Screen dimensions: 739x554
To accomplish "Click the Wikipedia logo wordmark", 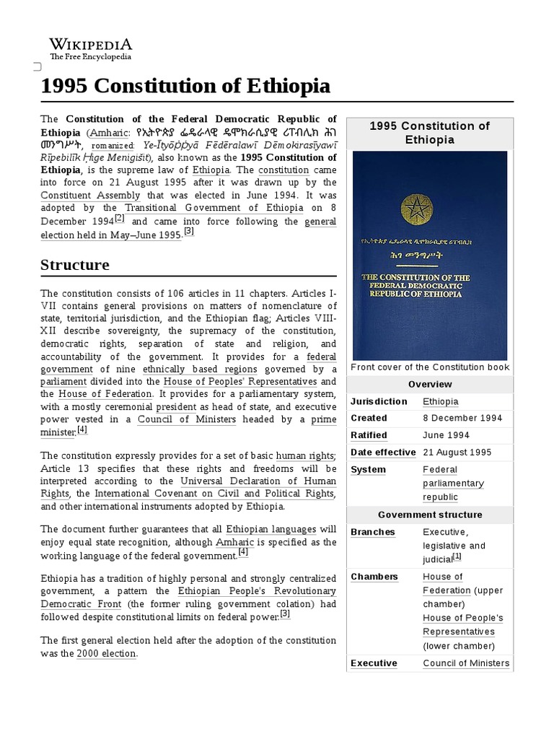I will tap(90, 44).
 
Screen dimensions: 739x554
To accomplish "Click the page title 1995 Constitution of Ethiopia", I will tap(185, 87).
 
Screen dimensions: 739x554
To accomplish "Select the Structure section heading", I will tap(75, 264).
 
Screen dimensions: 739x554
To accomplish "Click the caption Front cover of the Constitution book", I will tap(430, 367).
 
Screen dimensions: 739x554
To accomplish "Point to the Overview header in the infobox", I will tap(430, 384).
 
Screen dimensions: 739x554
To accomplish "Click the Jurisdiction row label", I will tap(379, 401).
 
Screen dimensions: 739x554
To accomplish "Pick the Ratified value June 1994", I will tap(446, 435).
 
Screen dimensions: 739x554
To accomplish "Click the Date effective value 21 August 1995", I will tap(457, 452).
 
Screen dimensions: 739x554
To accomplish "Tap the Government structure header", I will tap(430, 515).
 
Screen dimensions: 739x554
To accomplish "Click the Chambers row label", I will tap(374, 577).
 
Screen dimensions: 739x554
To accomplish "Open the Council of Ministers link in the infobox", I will tap(466, 663).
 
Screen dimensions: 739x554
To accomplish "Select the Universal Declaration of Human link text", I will tap(258, 481).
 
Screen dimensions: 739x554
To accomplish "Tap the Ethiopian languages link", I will tap(271, 529).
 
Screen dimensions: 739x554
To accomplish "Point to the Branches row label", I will tap(373, 532).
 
